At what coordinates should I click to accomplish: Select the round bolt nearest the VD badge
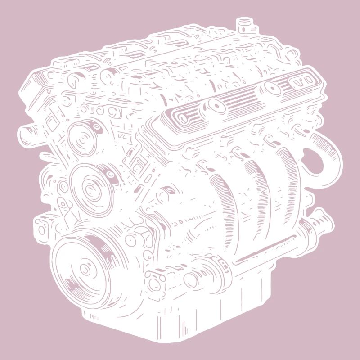click(272, 89)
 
